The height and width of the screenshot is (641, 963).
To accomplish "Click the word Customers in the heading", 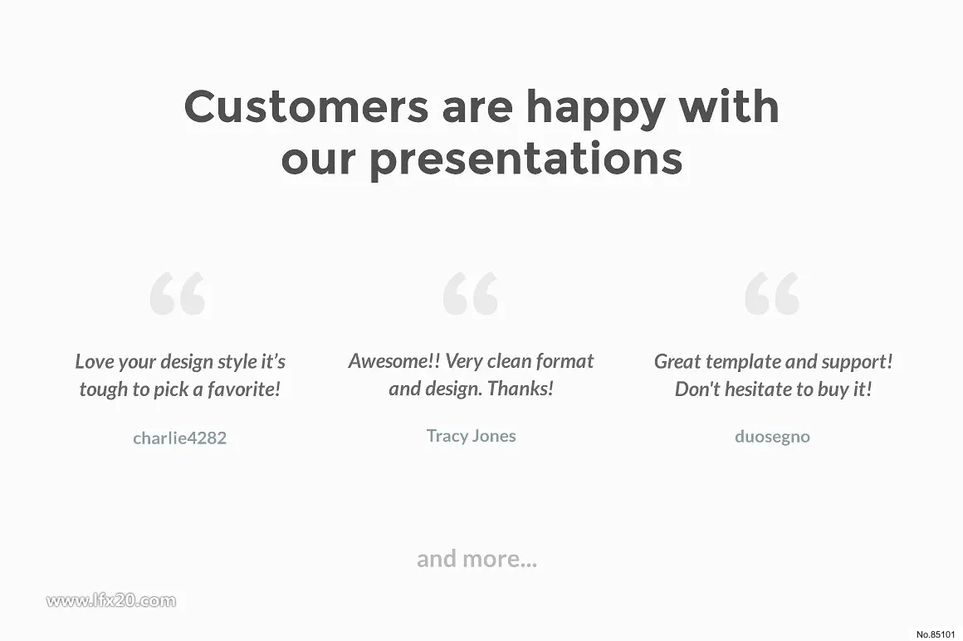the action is [x=306, y=106].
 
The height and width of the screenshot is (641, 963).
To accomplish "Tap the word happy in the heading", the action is [x=596, y=111].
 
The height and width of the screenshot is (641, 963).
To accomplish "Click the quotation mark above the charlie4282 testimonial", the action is [x=178, y=293].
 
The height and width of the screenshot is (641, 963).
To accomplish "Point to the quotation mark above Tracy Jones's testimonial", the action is [x=471, y=293].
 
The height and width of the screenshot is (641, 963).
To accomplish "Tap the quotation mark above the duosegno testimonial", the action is [x=772, y=293].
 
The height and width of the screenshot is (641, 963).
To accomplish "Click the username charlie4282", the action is [x=180, y=438].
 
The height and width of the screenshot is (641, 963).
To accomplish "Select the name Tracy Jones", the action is [x=471, y=436].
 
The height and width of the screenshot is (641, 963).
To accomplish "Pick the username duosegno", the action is [x=772, y=437].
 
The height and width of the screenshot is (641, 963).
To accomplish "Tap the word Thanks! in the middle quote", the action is [x=521, y=389].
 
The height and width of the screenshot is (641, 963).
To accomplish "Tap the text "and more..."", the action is [x=477, y=559].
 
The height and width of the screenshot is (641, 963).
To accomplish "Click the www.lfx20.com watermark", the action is [x=111, y=600].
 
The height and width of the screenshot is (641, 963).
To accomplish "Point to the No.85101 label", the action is [x=936, y=634].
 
